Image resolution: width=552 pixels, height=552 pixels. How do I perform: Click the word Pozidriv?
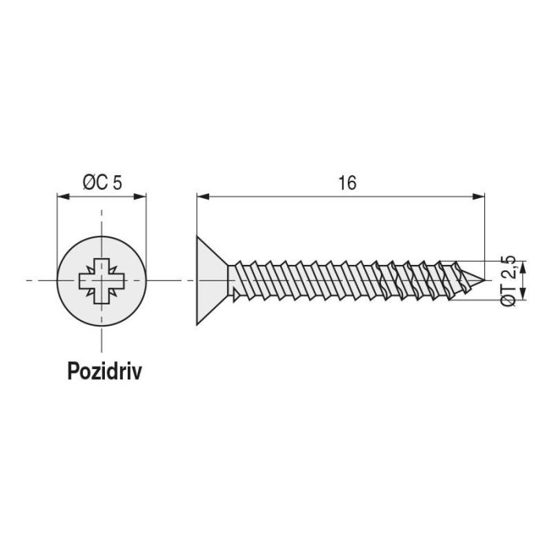tap(104, 371)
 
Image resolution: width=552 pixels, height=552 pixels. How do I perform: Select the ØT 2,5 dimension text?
tap(510, 280)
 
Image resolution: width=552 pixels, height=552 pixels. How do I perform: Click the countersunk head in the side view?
tap(211, 280)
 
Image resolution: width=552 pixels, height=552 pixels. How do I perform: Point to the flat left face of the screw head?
tap(196, 280)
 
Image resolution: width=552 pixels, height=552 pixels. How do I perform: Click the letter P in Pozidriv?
tap(73, 371)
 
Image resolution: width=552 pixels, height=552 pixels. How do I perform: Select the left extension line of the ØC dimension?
tap(58, 229)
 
